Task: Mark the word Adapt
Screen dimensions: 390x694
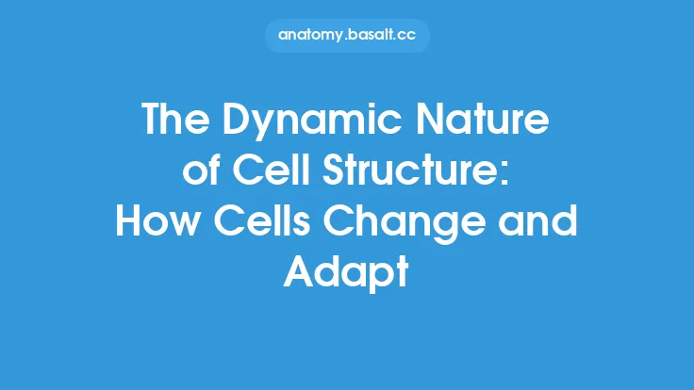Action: pos(347,274)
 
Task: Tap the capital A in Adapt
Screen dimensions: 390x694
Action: pos(300,274)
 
